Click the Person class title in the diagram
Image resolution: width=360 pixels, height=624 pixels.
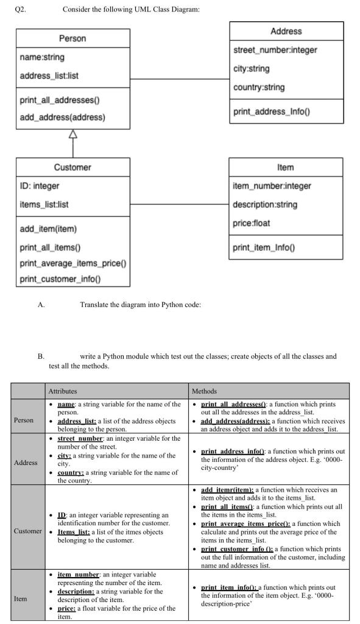(x=72, y=38)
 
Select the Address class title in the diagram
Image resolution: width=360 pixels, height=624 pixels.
(x=285, y=31)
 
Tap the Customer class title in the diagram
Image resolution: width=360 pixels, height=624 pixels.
(x=72, y=167)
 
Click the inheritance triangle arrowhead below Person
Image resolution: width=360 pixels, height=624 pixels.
(x=72, y=134)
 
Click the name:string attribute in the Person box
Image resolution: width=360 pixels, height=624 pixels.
(x=42, y=57)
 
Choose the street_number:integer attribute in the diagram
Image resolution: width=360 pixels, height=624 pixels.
(x=275, y=50)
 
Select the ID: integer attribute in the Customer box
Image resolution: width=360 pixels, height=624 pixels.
(x=40, y=186)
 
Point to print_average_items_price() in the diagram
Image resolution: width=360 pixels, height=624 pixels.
(x=73, y=263)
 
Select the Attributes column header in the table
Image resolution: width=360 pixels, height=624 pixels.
(x=61, y=391)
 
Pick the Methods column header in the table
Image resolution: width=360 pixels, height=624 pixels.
(x=205, y=391)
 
